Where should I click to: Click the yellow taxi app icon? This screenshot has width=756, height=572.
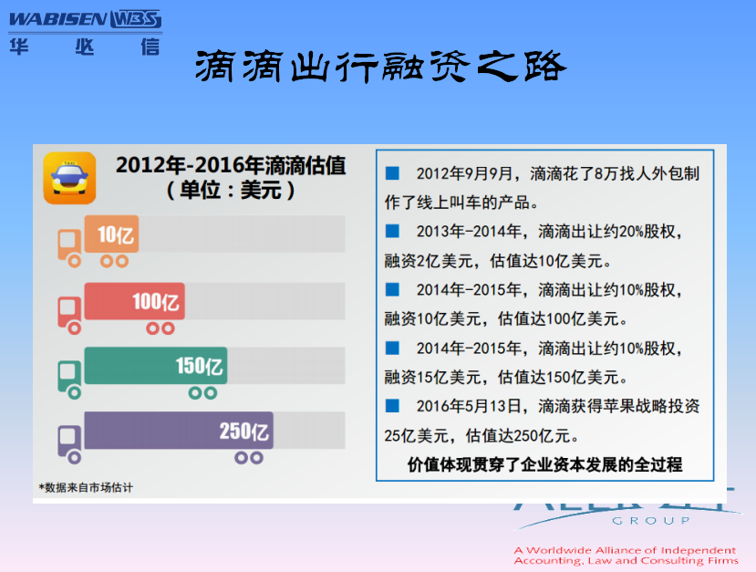(x=69, y=178)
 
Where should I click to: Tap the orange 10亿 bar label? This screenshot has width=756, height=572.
(x=116, y=234)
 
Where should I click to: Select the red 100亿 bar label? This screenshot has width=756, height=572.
(x=156, y=302)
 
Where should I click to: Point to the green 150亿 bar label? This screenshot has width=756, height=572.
(x=199, y=366)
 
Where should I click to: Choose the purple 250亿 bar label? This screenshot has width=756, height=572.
(x=244, y=432)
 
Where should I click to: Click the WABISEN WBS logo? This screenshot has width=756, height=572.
(x=86, y=20)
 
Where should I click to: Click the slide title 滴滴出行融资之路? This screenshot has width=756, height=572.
(x=380, y=66)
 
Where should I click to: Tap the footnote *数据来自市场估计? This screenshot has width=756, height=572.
(x=86, y=487)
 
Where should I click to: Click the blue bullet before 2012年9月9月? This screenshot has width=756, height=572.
(x=392, y=173)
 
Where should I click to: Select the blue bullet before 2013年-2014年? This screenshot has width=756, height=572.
(x=392, y=231)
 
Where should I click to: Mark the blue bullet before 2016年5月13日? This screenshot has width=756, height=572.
(x=392, y=406)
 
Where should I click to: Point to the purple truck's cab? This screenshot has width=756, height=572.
(x=69, y=441)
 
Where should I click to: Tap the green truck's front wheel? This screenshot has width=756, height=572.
(x=74, y=393)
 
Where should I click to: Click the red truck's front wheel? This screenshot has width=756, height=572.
(x=74, y=328)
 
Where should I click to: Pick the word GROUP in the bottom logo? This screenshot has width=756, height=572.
(x=651, y=521)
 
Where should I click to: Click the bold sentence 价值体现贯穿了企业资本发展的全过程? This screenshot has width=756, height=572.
(x=544, y=464)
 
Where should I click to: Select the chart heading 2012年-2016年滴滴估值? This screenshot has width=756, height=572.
(x=231, y=165)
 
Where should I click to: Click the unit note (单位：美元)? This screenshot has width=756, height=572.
(x=231, y=190)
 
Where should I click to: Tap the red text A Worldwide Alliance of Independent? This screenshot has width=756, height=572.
(x=625, y=550)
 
